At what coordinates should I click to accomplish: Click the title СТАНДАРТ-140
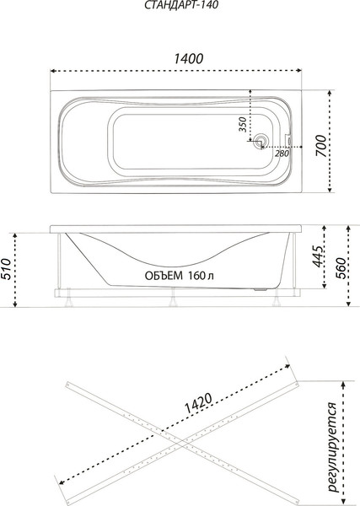[x=180, y=8]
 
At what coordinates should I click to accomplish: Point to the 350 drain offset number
[x=242, y=125]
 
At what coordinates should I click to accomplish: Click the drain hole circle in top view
[x=261, y=143]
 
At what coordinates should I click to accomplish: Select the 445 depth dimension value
[x=314, y=257]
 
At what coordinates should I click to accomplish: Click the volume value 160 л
[x=199, y=275]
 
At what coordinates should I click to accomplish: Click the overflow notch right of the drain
[x=287, y=144]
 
